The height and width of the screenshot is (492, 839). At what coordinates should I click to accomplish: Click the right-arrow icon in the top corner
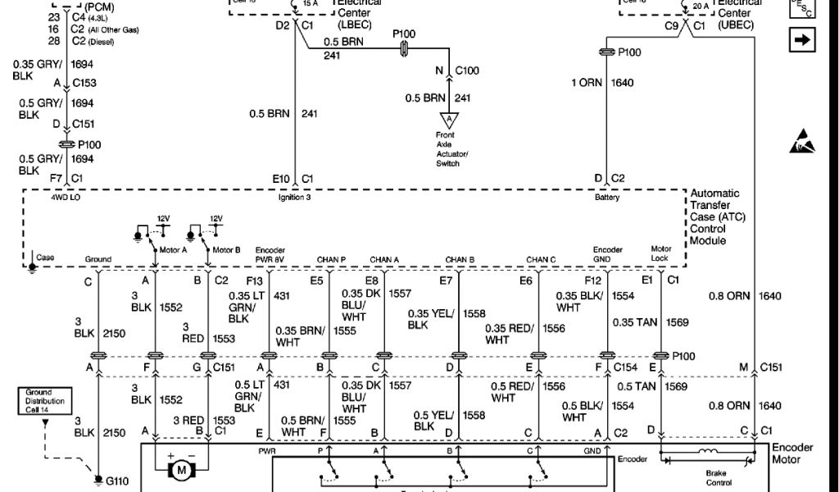point(802,39)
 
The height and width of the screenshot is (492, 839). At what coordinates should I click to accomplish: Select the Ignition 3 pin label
point(296,198)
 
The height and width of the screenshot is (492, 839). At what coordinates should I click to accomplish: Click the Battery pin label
point(607,198)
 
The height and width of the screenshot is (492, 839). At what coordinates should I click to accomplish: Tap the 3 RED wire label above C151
point(194,332)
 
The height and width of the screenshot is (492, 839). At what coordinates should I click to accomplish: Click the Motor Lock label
point(661,254)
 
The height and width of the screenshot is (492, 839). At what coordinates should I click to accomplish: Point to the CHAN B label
point(460,260)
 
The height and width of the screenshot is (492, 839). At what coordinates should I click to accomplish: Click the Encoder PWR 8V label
point(270,254)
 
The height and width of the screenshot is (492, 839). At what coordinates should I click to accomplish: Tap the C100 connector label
point(467,71)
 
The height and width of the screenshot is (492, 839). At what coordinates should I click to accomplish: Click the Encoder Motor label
point(791,453)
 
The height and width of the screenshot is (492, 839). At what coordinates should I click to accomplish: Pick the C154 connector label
point(626,367)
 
